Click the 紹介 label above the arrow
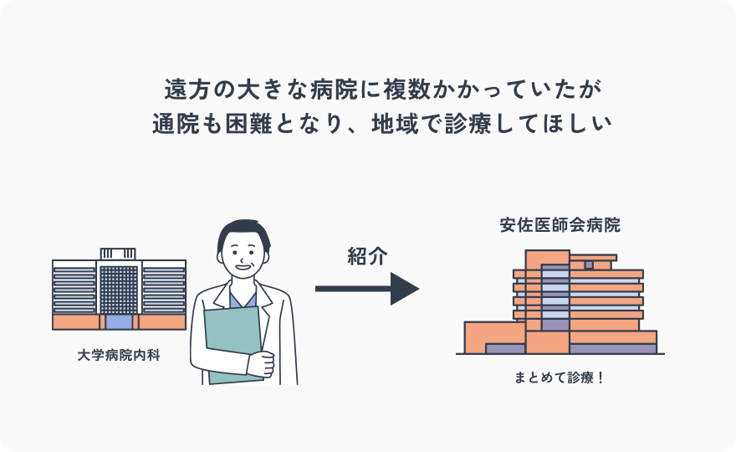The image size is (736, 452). [367, 257]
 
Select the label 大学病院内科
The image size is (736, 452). [118, 355]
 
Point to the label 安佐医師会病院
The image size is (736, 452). [560, 226]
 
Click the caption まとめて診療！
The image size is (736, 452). [560, 378]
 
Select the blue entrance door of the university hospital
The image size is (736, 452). [119, 321]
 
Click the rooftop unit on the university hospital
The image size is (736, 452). [118, 254]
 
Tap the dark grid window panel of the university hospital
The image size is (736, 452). [118, 290]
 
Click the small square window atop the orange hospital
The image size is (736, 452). [589, 265]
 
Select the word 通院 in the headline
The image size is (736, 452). [174, 123]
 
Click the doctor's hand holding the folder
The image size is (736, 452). [262, 364]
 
